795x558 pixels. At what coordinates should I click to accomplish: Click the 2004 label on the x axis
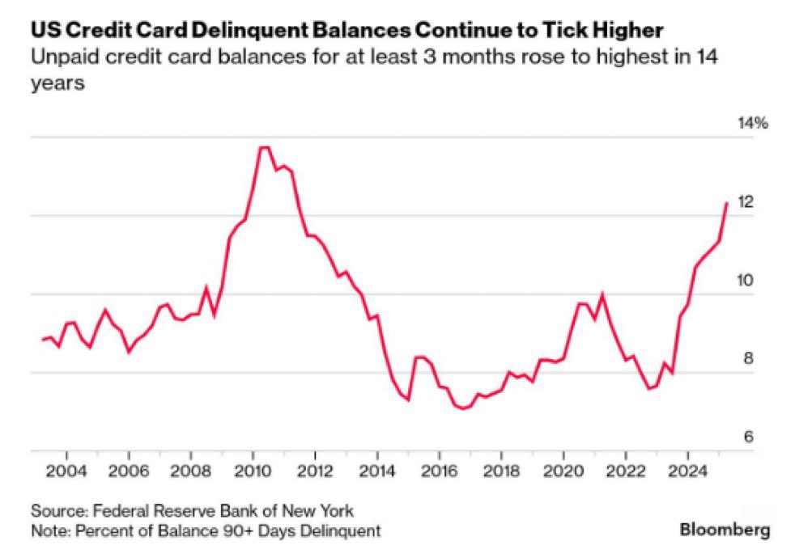tap(66, 471)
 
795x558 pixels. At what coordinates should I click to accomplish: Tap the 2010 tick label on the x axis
tap(252, 471)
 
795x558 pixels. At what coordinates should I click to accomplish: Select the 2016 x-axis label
tap(439, 471)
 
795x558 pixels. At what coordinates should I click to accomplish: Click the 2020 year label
tap(563, 471)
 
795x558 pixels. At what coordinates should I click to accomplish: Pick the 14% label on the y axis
tap(752, 124)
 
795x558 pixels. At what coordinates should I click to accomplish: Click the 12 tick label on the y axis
tap(745, 202)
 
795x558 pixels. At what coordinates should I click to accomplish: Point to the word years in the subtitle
tap(57, 83)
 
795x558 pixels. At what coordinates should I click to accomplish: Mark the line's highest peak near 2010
tap(264, 147)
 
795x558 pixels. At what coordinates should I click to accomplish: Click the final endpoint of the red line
tap(726, 203)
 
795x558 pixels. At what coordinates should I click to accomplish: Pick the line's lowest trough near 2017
tap(463, 408)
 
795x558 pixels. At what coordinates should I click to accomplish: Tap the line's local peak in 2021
tap(602, 294)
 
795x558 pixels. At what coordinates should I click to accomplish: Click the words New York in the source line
tap(321, 511)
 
